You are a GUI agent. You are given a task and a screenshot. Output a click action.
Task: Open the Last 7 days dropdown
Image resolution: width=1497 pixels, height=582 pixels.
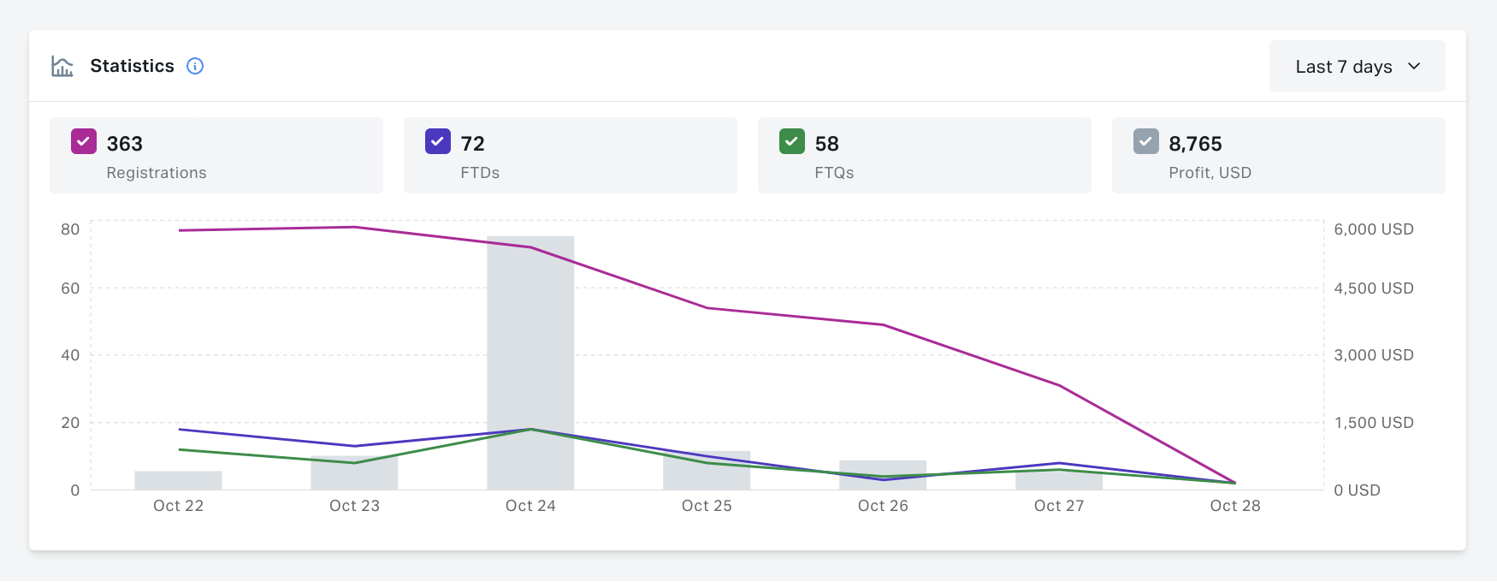(1357, 66)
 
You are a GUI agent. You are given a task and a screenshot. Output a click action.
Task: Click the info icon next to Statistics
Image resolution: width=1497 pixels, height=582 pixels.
(195, 66)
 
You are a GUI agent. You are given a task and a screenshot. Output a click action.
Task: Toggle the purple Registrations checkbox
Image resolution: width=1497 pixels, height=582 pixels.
(84, 141)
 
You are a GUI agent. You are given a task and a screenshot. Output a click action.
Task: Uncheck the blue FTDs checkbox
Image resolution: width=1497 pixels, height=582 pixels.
(438, 141)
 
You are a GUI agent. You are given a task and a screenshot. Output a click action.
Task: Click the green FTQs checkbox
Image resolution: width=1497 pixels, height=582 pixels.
(792, 141)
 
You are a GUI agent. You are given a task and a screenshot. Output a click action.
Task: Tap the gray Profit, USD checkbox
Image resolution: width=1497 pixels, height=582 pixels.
(1146, 141)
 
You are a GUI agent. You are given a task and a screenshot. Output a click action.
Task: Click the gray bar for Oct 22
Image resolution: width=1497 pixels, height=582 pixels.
(178, 480)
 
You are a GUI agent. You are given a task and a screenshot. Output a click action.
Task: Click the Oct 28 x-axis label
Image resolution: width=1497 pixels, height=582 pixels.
(1234, 506)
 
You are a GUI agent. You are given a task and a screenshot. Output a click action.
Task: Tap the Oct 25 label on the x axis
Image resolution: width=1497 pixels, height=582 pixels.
(707, 506)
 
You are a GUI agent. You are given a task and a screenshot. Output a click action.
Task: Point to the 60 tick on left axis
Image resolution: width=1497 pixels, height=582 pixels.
(70, 288)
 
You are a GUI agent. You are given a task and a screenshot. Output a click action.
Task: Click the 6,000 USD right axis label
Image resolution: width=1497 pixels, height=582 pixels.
(1373, 229)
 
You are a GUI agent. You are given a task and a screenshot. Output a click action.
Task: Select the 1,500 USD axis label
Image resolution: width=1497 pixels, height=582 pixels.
(1373, 423)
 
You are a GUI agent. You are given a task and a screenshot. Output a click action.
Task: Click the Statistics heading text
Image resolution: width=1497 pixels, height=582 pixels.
(132, 66)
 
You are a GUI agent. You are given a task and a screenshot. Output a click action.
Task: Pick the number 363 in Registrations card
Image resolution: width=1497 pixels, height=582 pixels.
(125, 144)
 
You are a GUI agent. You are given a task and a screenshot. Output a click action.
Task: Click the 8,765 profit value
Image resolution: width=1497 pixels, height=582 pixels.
(1195, 144)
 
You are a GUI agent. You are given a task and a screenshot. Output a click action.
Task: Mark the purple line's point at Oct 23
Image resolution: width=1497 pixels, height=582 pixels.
(354, 227)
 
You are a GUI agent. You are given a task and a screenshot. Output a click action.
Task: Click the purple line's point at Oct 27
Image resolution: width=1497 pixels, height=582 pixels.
(1059, 385)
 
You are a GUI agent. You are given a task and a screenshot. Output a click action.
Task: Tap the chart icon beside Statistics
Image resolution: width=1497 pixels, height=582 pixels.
(62, 66)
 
